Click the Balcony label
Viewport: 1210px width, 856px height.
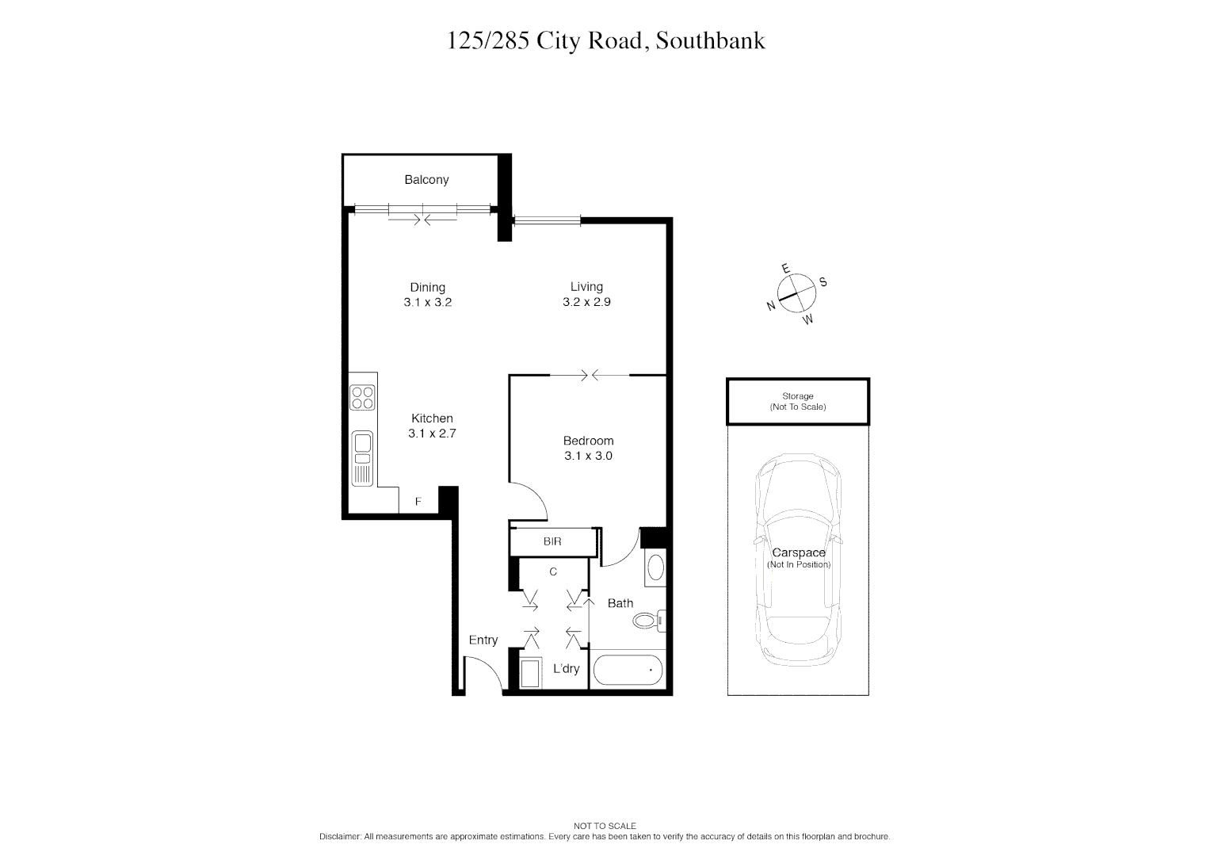(426, 180)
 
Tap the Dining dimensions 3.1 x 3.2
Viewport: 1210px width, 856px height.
(427, 302)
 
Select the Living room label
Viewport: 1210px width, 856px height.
(586, 287)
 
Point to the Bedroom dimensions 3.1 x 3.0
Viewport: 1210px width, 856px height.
(588, 456)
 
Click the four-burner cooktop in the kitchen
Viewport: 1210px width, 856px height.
(363, 397)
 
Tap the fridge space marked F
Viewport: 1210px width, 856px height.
(418, 502)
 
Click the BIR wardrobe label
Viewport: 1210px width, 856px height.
(552, 542)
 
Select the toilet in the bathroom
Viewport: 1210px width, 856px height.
(648, 620)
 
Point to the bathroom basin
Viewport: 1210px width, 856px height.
(655, 568)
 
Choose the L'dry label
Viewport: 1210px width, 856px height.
(566, 669)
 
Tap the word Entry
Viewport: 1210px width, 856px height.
(483, 640)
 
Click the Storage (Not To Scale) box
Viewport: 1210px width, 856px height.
(798, 402)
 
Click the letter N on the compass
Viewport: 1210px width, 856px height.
(770, 306)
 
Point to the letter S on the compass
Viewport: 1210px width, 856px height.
(823, 282)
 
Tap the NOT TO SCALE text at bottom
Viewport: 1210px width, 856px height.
(605, 826)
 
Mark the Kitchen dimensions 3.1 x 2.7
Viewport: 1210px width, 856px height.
(432, 434)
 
